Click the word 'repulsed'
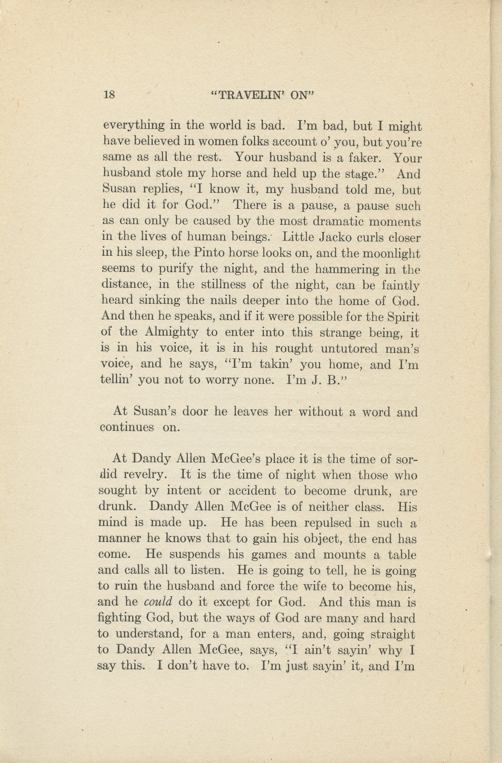pos(328,523)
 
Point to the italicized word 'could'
pos(158,602)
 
